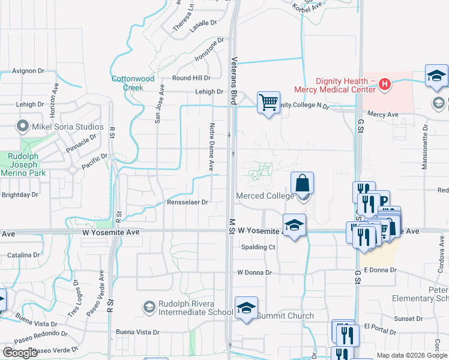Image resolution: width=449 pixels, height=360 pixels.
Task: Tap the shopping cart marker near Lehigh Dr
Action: (268, 101)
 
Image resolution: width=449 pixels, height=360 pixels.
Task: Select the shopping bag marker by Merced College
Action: (303, 183)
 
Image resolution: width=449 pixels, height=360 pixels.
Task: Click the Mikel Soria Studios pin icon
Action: (23, 127)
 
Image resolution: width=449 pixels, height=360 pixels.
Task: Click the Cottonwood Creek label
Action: (133, 83)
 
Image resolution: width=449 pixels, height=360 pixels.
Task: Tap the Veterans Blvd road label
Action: (235, 81)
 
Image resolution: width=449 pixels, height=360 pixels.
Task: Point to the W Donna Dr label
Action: (255, 272)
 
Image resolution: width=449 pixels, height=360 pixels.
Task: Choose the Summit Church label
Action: (286, 316)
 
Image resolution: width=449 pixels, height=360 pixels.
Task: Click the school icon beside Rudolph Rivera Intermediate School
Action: (149, 307)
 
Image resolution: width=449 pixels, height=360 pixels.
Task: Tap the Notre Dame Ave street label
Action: (211, 148)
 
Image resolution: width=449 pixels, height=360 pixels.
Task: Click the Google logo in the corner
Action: (20, 353)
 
